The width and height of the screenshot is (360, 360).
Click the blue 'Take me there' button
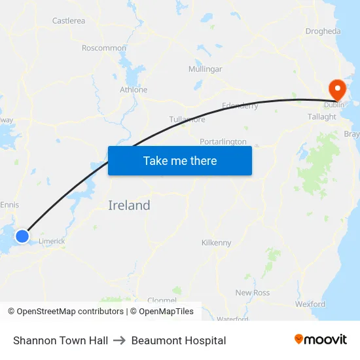(x=180, y=160)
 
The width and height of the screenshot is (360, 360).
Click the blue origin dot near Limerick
(x=22, y=236)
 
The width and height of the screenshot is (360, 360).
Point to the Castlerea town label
(x=69, y=21)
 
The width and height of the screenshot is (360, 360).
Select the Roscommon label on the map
(x=104, y=48)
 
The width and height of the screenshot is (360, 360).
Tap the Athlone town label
(x=134, y=90)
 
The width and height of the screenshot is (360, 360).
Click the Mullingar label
(x=205, y=69)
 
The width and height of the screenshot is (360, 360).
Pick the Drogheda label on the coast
(x=323, y=31)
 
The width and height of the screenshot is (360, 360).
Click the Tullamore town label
(x=187, y=120)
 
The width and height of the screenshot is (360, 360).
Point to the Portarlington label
(x=223, y=141)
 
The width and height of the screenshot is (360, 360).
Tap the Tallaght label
(x=322, y=117)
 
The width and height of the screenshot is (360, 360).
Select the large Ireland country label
(x=129, y=206)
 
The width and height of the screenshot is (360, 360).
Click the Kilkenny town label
(x=217, y=243)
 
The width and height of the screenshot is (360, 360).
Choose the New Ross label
(x=253, y=293)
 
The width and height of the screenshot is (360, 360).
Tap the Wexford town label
(x=310, y=304)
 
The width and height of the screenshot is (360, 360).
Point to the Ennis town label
(x=10, y=205)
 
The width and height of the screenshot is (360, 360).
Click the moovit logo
(x=321, y=340)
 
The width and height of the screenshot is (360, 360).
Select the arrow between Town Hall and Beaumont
(x=120, y=340)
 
